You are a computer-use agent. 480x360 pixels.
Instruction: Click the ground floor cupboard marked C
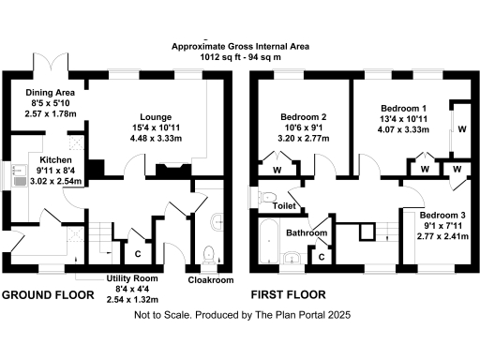click(139, 252)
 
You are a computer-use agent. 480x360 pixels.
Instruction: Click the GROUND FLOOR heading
click(48, 294)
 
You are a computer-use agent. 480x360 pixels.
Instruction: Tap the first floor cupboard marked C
click(322, 254)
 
